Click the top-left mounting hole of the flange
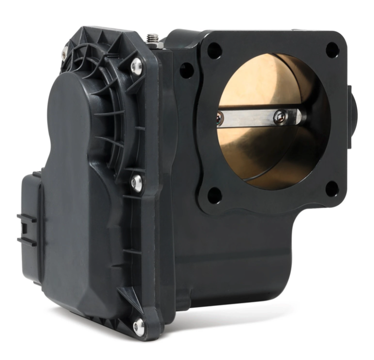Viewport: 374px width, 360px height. (214, 50)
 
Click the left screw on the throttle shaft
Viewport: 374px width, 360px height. (220, 119)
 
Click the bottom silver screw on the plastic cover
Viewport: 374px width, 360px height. (139, 326)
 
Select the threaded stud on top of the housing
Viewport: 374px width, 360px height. (151, 38)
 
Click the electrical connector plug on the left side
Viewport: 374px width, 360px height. (29, 224)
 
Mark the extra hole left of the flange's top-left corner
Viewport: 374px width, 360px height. (187, 71)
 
